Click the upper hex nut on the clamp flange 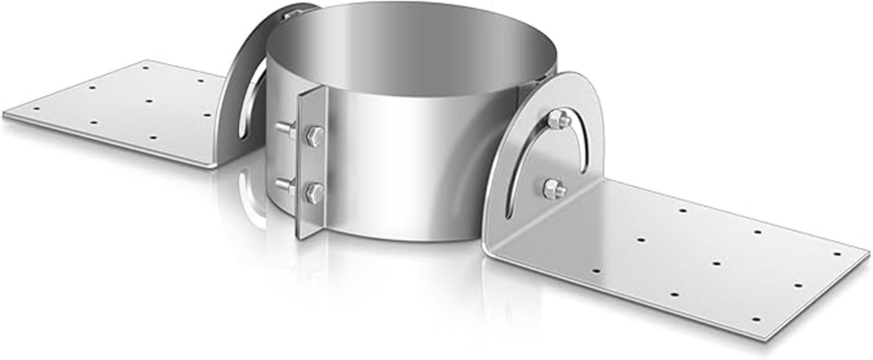point(315,136)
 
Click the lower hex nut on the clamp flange point(314,191)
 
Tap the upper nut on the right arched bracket point(557,118)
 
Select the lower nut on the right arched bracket point(554,188)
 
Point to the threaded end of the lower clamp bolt point(283,184)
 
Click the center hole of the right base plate point(716,263)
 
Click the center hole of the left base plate point(148,100)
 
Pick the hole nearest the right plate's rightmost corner point(837,254)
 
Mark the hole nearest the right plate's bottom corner point(757,319)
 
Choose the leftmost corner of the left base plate point(5,115)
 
